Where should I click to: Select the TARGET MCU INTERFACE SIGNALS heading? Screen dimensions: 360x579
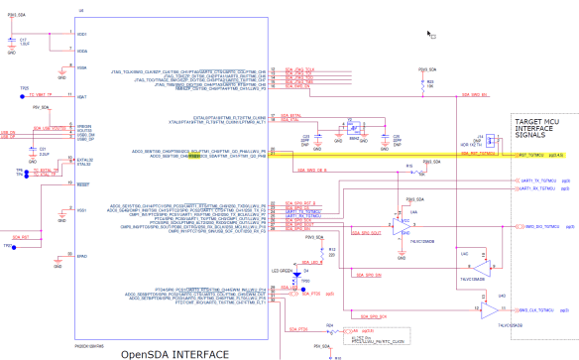pos(540,132)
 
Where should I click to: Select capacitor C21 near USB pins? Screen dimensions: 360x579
pos(32,150)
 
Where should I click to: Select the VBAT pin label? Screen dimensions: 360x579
pos(82,97)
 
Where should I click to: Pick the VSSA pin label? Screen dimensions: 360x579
pos(82,67)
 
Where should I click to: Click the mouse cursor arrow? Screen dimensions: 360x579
pos(429,34)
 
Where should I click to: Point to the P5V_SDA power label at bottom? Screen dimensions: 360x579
pos(320,345)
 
